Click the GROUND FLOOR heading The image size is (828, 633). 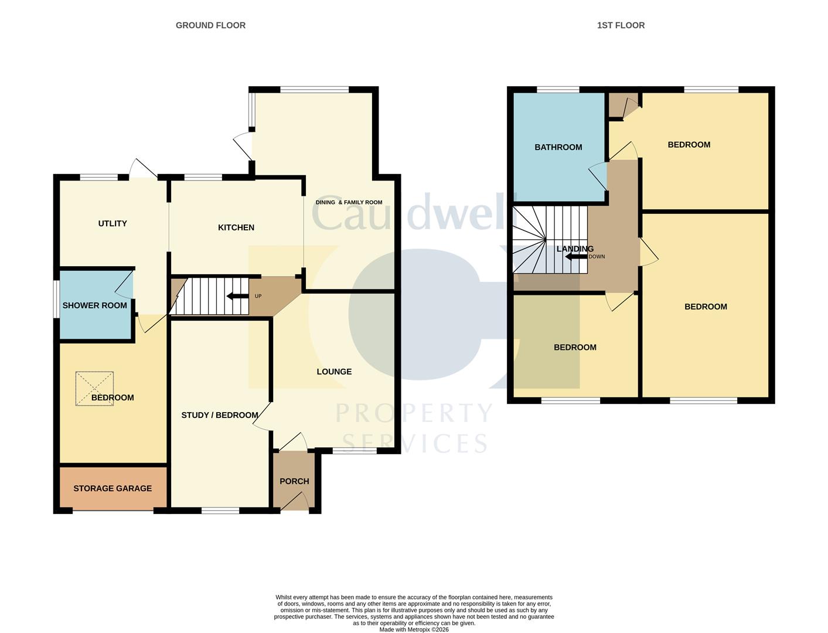pyautogui.click(x=210, y=25)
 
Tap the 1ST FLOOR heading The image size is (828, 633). pyautogui.click(x=621, y=25)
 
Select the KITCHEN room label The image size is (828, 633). pyautogui.click(x=236, y=227)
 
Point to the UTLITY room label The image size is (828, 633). pyautogui.click(x=113, y=223)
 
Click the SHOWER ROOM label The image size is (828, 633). pyautogui.click(x=94, y=305)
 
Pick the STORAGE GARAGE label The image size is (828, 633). pyautogui.click(x=113, y=488)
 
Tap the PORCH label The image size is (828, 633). pyautogui.click(x=294, y=481)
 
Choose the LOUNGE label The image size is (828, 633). pyautogui.click(x=334, y=372)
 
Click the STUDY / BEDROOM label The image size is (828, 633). pyautogui.click(x=220, y=415)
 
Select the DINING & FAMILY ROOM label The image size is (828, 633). pyautogui.click(x=349, y=202)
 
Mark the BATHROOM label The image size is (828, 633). pyautogui.click(x=558, y=147)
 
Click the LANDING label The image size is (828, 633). pyautogui.click(x=575, y=249)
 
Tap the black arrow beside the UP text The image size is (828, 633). pyautogui.click(x=237, y=296)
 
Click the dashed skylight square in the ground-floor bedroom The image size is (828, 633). pyautogui.click(x=94, y=389)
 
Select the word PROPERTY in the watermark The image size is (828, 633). pyautogui.click(x=414, y=414)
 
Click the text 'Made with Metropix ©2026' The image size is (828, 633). pyautogui.click(x=414, y=629)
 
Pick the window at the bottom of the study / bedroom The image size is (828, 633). pyautogui.click(x=220, y=511)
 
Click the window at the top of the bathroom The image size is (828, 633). pyautogui.click(x=558, y=90)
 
